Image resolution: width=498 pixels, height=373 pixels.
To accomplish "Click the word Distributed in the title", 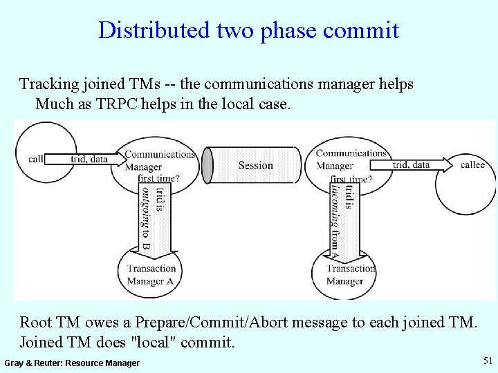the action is click(x=144, y=30).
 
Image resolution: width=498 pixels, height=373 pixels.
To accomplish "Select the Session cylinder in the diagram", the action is click(x=255, y=166).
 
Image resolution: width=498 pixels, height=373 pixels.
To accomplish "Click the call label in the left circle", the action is click(x=36, y=159).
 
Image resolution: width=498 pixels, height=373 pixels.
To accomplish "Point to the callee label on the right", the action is click(x=472, y=164).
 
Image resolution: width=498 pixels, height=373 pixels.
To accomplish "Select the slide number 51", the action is click(x=488, y=361).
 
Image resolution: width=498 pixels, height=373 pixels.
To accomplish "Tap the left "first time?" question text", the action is click(x=158, y=178).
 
